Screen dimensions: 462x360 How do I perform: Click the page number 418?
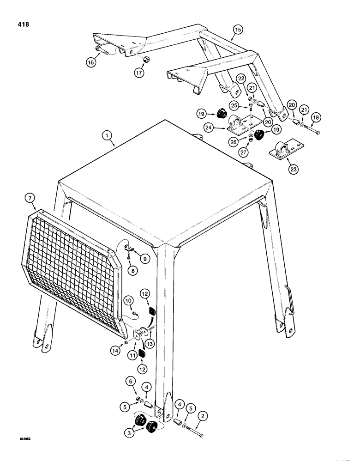pos(21,24)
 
